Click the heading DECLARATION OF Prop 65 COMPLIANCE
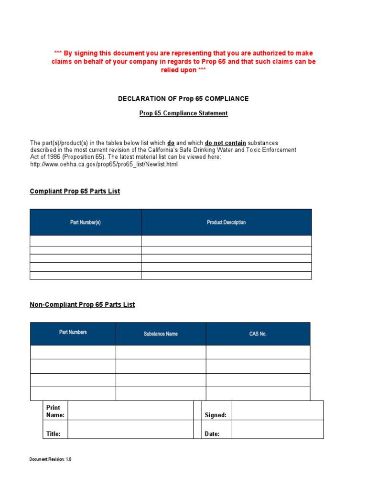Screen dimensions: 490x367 tap(183, 99)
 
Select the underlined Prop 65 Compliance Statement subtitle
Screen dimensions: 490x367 tap(183, 113)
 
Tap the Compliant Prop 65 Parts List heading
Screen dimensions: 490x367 tap(75, 191)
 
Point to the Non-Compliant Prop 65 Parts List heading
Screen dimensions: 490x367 tap(82, 304)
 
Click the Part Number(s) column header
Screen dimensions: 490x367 tap(86, 223)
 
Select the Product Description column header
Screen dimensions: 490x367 tap(226, 223)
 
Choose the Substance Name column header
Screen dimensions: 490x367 tap(161, 334)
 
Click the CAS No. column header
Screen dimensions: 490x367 tap(258, 334)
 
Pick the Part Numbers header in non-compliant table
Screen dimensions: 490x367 tap(73, 332)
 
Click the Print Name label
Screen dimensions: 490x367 tap(55, 412)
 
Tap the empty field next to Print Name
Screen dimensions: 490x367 tap(130, 411)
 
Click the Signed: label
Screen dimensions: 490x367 tap(216, 415)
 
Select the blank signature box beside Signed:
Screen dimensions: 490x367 tap(277, 411)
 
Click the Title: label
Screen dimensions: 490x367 tap(53, 434)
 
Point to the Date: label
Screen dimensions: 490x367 tap(212, 434)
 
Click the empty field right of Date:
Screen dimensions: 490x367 tap(277, 430)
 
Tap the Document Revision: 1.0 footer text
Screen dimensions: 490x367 tap(50, 459)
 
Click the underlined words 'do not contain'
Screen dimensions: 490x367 tap(226, 143)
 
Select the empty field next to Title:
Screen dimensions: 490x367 tap(130, 430)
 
